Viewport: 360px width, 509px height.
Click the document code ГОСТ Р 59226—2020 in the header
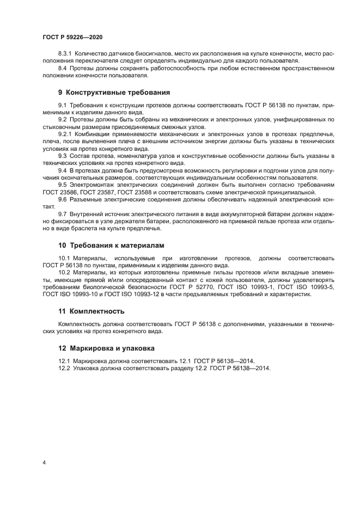click(x=72, y=36)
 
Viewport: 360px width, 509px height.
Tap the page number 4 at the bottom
click(x=44, y=462)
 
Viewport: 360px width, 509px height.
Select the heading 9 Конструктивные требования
click(x=114, y=92)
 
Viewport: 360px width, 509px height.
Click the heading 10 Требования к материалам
click(x=111, y=246)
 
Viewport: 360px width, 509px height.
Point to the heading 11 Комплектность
click(x=91, y=311)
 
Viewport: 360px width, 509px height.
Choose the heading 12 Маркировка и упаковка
click(x=106, y=347)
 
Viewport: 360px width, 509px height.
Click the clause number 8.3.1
click(x=65, y=54)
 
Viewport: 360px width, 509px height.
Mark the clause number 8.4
click(x=62, y=68)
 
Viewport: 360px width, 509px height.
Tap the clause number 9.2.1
click(x=65, y=133)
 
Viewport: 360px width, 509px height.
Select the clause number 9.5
click(x=62, y=185)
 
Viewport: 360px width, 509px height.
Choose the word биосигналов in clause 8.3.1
click(x=140, y=54)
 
